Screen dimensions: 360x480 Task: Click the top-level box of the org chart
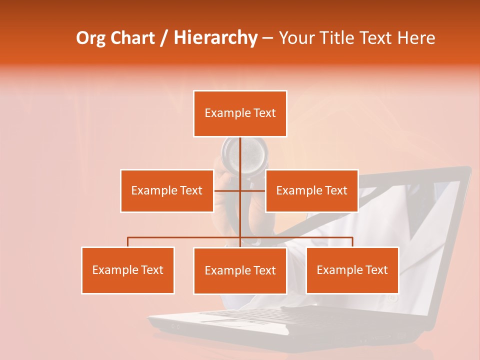(240, 113)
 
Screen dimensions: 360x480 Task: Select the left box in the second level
(166, 191)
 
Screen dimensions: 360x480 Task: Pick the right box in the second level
(311, 191)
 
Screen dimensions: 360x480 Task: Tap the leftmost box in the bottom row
(128, 270)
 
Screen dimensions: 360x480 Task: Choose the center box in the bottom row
(240, 270)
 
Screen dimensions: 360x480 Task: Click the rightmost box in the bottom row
(352, 270)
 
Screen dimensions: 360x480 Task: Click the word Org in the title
(91, 38)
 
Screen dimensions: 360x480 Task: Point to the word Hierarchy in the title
(215, 38)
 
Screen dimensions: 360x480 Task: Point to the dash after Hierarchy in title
(267, 38)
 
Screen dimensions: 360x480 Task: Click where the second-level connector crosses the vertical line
(240, 190)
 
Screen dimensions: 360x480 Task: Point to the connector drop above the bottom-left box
(128, 242)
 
